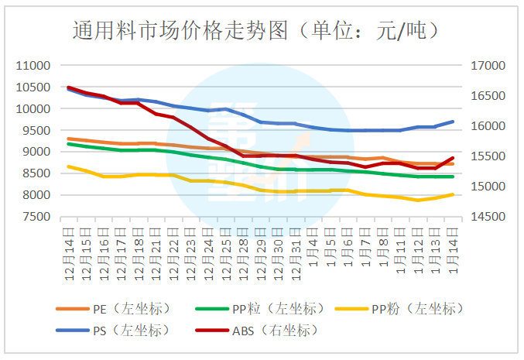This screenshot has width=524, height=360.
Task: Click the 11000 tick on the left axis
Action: pyautogui.click(x=33, y=66)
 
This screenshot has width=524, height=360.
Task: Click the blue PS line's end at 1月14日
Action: pyautogui.click(x=453, y=122)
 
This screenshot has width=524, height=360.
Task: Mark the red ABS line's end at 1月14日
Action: pyautogui.click(x=453, y=158)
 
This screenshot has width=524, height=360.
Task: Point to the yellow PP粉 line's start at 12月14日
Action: pyautogui.click(x=69, y=166)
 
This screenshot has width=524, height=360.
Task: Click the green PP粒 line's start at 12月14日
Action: pyautogui.click(x=69, y=144)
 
